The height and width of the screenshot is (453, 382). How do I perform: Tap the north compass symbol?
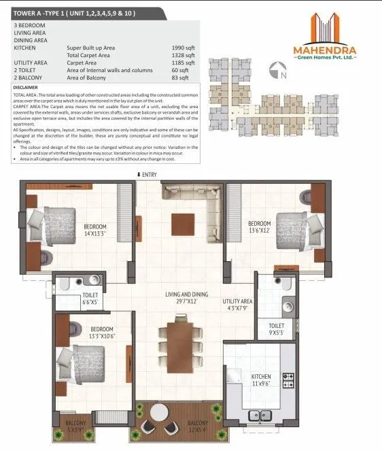pos(277,68)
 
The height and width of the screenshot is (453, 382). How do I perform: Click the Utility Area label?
pos(238,304)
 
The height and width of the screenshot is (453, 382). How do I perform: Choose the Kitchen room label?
pos(262,378)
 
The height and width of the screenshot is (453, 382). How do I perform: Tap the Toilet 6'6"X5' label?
pos(71,297)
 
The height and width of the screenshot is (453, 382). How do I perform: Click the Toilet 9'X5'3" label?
pos(276,330)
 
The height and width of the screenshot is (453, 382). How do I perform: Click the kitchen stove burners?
pos(288,379)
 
